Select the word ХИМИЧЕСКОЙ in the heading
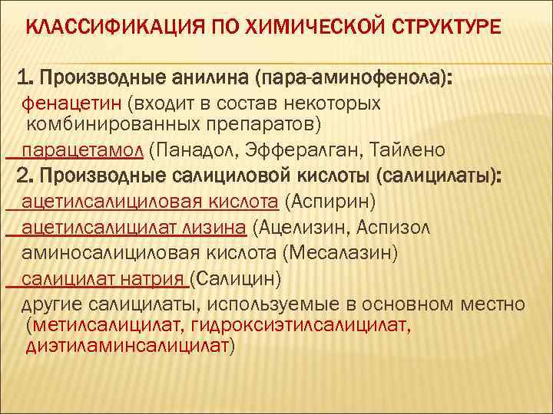(x=294, y=28)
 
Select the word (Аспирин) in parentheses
(x=329, y=202)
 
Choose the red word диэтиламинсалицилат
(x=127, y=346)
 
